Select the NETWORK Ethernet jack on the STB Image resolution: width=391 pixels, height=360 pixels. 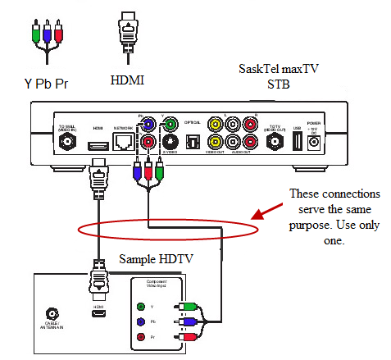[x=123, y=142]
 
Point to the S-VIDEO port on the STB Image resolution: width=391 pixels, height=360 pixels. [x=170, y=140]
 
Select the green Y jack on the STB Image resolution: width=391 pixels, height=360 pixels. [x=170, y=125]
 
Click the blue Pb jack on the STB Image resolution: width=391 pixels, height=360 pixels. [x=148, y=125]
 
